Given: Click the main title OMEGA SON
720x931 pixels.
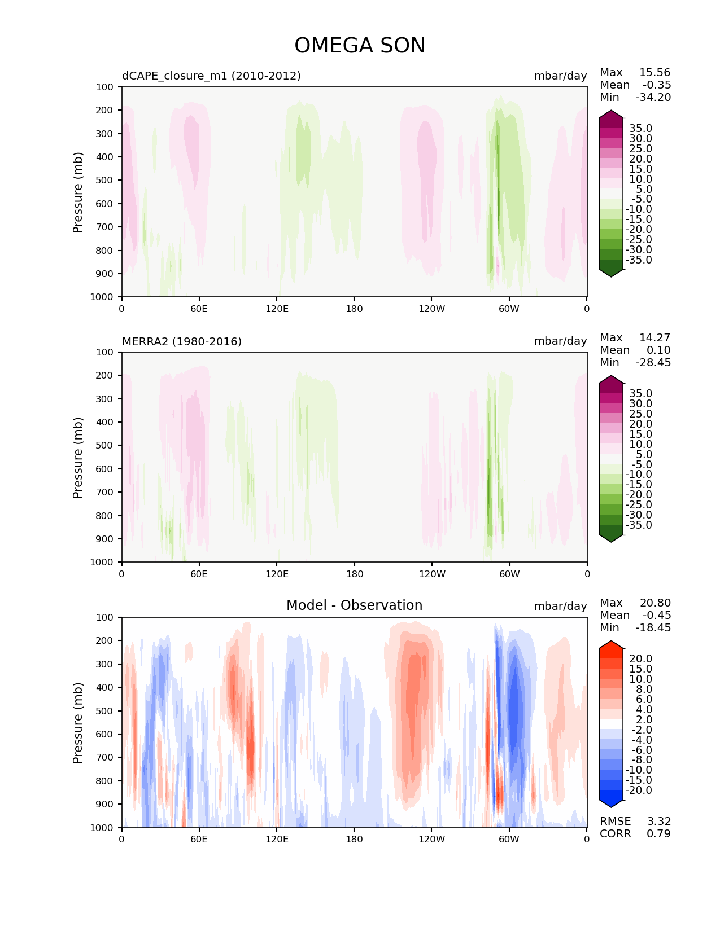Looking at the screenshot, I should click(360, 46).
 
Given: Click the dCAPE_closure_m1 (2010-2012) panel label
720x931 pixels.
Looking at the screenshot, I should click(211, 76).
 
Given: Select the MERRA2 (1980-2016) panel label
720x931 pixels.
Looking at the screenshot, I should click(182, 341).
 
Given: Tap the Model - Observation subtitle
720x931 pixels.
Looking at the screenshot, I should click(354, 605).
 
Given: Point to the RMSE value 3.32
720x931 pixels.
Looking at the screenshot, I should click(658, 821).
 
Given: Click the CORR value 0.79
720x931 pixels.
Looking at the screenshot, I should click(658, 833).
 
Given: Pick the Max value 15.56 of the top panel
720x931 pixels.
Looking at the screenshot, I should click(654, 72).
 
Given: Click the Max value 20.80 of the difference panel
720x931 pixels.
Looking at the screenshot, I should click(655, 603).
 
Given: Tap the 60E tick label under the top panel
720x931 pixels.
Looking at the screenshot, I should click(199, 309).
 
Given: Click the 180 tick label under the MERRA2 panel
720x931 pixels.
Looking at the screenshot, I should click(354, 574).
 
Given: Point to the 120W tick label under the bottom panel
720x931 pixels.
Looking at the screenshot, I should click(431, 839).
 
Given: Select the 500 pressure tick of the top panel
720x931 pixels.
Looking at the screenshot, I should click(105, 180).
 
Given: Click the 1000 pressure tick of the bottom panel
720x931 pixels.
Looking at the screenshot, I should click(102, 828).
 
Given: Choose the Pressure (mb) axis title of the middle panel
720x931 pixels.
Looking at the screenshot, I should click(78, 457).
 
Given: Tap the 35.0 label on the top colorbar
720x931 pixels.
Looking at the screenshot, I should click(640, 129).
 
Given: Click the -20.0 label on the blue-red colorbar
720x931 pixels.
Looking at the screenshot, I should click(639, 790).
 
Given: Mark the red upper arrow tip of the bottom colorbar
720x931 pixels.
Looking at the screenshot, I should click(611, 643).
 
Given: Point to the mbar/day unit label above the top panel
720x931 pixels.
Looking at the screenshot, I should click(560, 76).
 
